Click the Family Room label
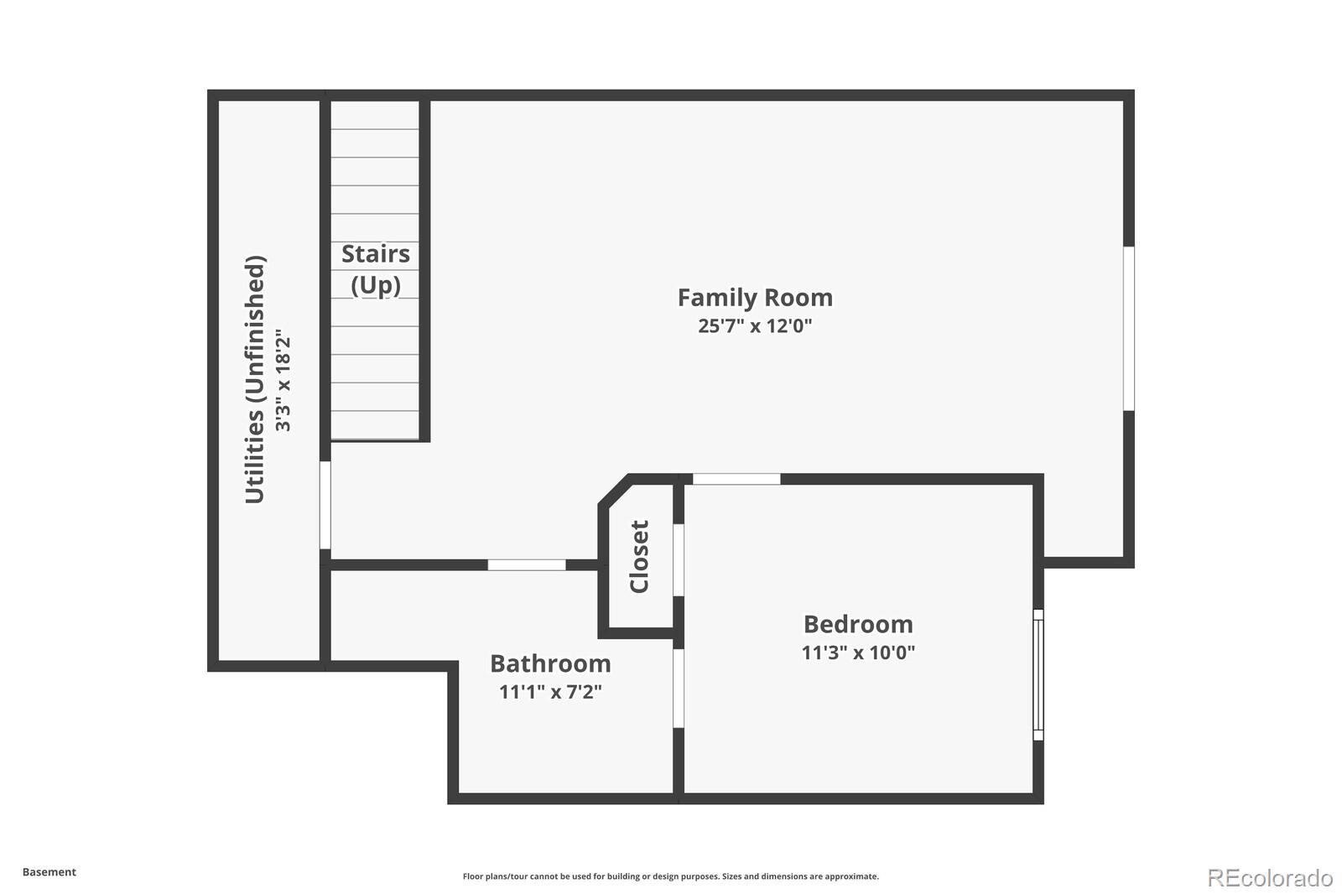(755, 298)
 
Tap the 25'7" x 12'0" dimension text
(755, 326)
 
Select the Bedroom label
(858, 624)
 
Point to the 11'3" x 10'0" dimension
(858, 652)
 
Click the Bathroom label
(550, 664)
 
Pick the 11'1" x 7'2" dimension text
(550, 692)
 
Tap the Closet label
(639, 557)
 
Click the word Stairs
(376, 254)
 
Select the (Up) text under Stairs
(376, 285)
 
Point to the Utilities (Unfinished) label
(255, 379)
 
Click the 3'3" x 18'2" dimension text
(282, 380)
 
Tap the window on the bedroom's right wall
(1038, 675)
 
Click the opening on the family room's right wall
(1128, 329)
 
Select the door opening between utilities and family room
(325, 505)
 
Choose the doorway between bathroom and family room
(527, 564)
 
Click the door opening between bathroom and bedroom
(679, 689)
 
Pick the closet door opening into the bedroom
(679, 560)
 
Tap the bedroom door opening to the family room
(736, 479)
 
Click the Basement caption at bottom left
(49, 872)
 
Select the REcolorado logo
(1270, 878)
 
